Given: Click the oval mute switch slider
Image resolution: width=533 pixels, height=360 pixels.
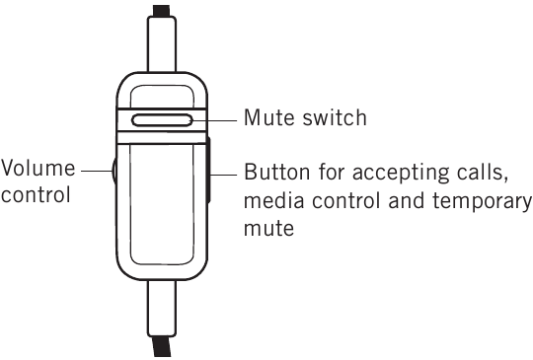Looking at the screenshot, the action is click(x=162, y=120).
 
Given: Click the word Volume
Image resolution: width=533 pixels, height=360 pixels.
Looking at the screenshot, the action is click(x=38, y=168).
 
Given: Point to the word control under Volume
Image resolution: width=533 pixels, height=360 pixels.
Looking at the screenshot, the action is click(x=36, y=194).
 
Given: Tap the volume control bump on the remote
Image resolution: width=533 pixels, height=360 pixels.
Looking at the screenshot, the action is click(x=114, y=171).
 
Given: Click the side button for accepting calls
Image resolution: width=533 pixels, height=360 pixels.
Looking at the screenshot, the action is click(x=208, y=170).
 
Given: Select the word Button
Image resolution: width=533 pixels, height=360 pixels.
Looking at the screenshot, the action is click(x=277, y=172).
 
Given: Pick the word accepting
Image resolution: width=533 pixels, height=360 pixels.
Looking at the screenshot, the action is click(x=401, y=174).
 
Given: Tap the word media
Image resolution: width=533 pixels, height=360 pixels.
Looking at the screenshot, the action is click(x=274, y=200).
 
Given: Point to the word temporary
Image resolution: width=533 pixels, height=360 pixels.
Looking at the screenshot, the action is click(x=483, y=202).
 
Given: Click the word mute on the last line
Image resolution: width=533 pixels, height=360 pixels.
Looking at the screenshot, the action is click(x=268, y=228).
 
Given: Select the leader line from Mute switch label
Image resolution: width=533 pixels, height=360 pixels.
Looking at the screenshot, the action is click(x=214, y=120).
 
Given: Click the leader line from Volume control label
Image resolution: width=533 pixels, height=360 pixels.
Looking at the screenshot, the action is click(x=97, y=171).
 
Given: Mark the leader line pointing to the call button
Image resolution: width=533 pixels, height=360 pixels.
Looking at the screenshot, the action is click(x=224, y=175).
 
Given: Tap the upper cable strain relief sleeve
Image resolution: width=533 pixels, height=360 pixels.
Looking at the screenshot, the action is click(x=162, y=43).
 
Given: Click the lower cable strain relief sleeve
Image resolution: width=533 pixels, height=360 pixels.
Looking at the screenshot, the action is click(x=162, y=309).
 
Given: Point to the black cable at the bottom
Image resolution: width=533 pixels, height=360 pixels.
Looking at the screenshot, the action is click(x=162, y=346).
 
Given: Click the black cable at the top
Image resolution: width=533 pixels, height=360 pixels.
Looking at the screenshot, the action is click(x=162, y=11).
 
